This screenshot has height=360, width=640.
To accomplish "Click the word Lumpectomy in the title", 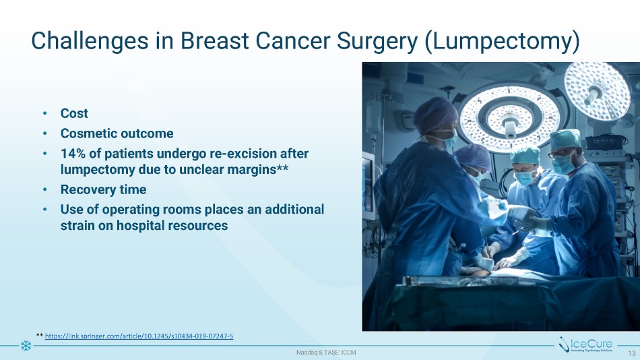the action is tap(502, 41).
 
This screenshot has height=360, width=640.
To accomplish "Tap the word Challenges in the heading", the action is tap(90, 41).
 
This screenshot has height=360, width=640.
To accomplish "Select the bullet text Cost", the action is tap(74, 113).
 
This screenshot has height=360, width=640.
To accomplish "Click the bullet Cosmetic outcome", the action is tap(117, 133).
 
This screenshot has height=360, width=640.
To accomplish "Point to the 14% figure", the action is tap(73, 154).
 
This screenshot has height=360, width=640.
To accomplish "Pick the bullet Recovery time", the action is tap(103, 189).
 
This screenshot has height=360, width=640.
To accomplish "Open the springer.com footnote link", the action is tap(139, 336).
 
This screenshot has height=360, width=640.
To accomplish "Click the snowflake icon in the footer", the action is tap(26, 346).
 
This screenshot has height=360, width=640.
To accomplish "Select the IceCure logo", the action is tap(585, 344).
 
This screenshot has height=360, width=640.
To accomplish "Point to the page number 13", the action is tap(632, 353).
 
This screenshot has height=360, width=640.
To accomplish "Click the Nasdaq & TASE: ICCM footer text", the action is tap(326, 352).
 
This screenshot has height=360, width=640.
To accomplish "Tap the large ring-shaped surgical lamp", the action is tap(510, 117).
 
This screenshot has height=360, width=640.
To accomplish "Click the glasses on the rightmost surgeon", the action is tap(560, 153).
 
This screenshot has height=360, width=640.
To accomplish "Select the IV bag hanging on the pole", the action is tap(373, 117).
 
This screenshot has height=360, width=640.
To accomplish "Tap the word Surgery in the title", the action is tap(377, 41).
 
